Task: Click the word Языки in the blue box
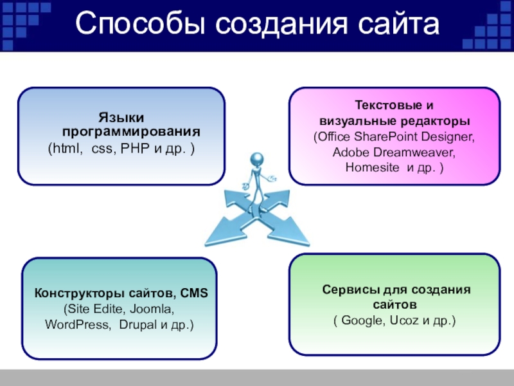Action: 121,118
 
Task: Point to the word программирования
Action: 131,132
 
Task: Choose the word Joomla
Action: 150,309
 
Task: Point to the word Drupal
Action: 137,324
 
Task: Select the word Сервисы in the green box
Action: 346,290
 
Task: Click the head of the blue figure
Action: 258,158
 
